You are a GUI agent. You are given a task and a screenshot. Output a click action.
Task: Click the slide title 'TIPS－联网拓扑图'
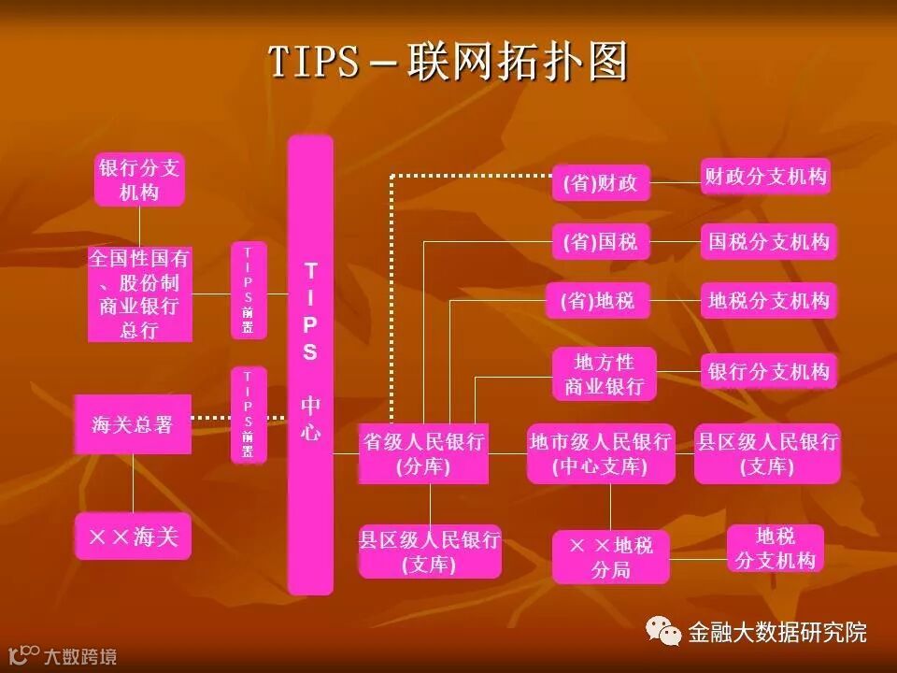coord(448,63)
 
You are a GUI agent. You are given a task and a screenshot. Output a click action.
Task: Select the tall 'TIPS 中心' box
coord(310,365)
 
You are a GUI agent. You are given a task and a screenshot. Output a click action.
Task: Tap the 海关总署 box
coord(133,424)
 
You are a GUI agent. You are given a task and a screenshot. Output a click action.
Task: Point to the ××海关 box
coord(133,537)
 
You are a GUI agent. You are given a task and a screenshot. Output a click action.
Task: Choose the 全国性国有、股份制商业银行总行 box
coord(139,294)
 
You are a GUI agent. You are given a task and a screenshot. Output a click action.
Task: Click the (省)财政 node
coord(600,183)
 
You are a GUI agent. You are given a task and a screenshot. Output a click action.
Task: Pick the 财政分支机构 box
coord(765,176)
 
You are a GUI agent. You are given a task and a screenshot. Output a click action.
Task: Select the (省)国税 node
coord(600,242)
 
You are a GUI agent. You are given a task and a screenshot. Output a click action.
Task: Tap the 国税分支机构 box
coord(768,242)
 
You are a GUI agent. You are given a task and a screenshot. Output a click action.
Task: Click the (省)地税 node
coord(597,301)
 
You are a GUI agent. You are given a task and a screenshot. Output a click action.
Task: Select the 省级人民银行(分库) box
coord(423,453)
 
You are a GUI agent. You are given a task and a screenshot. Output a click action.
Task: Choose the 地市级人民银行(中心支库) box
coord(600,453)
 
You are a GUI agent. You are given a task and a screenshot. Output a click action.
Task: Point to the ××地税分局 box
coord(610,557)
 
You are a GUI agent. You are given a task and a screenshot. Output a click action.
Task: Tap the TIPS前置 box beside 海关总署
coord(249,415)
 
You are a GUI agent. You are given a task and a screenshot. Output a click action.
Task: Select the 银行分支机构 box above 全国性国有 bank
coord(139,179)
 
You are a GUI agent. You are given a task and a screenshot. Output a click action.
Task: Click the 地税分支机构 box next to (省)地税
coord(768,301)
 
